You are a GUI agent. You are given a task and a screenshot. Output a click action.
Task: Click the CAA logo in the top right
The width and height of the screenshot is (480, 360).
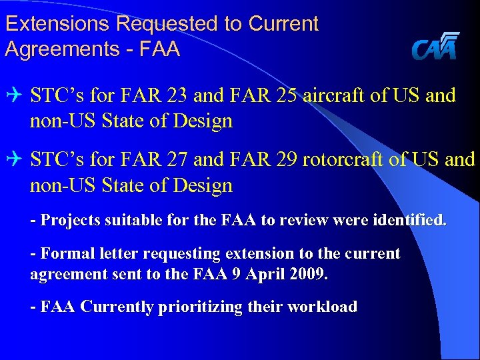435,47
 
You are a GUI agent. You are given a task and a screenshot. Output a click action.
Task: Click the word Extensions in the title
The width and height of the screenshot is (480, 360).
57,24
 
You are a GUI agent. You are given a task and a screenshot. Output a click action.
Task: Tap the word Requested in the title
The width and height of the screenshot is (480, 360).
167,24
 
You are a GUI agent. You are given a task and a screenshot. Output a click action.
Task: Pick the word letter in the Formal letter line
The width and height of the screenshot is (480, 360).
118,253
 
